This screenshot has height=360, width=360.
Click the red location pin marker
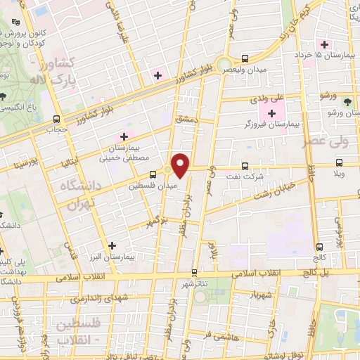point(181,165)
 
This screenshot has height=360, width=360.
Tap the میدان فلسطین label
point(148,186)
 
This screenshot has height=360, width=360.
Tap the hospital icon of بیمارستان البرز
point(111,245)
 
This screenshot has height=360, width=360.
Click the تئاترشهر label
point(196,283)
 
